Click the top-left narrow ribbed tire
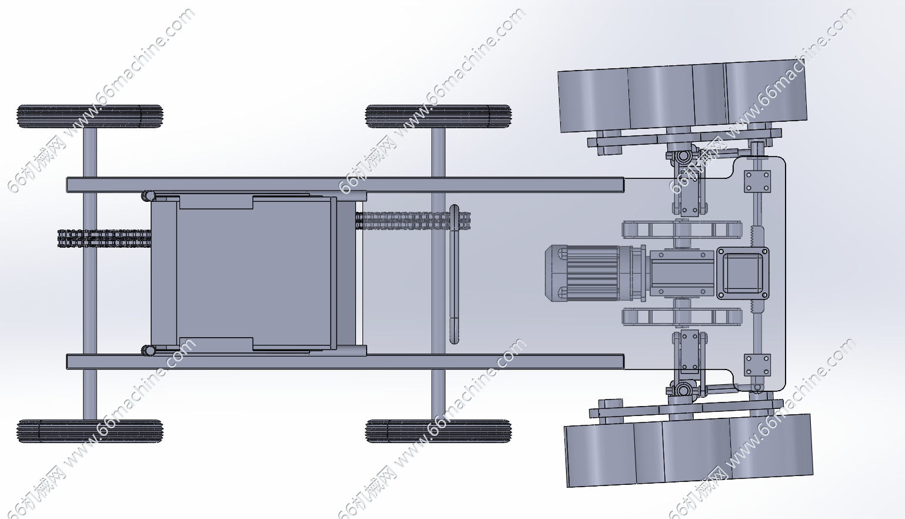click(x=89, y=117)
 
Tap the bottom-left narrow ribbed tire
click(x=89, y=431)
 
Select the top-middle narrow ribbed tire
click(x=438, y=117)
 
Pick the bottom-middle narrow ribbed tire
click(x=438, y=431)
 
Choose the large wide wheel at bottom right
click(x=688, y=450)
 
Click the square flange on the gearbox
click(x=743, y=274)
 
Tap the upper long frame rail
click(x=345, y=185)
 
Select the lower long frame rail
click(x=345, y=362)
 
